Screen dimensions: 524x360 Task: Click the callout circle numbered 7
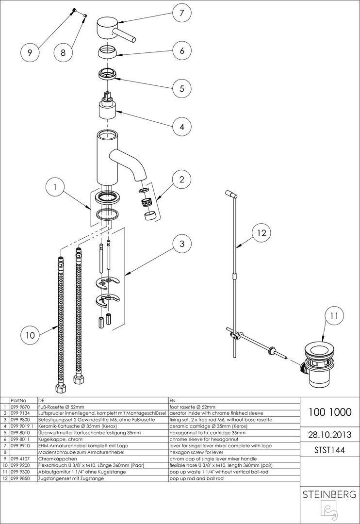[181, 13]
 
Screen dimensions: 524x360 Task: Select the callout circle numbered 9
[30, 53]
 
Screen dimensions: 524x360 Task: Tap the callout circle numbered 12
[262, 233]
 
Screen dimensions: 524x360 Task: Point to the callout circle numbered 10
[30, 334]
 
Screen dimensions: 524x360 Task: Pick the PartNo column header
[17, 400]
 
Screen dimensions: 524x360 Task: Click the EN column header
[173, 400]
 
